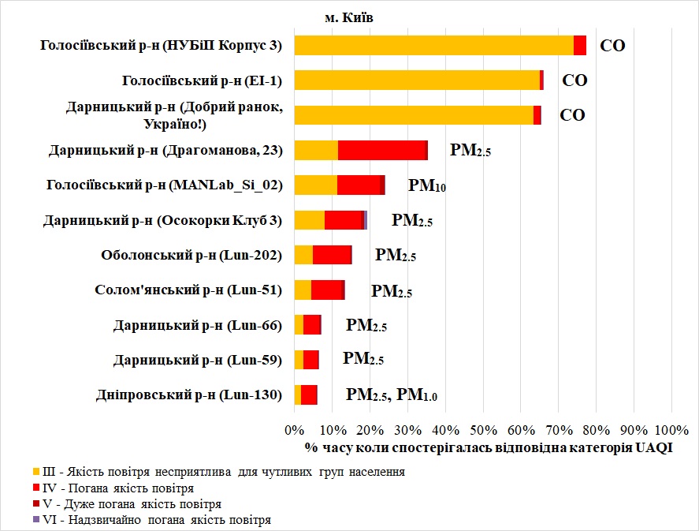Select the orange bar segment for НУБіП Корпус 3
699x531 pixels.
pyautogui.click(x=433, y=46)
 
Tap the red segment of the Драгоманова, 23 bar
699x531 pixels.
pyautogui.click(x=382, y=150)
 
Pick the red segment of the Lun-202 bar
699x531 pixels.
pyautogui.click(x=332, y=255)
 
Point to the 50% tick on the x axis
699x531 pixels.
pyautogui.click(x=482, y=430)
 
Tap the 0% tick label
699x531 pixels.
pyautogui.click(x=294, y=430)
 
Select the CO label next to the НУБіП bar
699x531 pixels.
pyautogui.click(x=612, y=46)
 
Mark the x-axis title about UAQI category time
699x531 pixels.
pyautogui.click(x=482, y=449)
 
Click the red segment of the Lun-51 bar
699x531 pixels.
pyautogui.click(x=327, y=290)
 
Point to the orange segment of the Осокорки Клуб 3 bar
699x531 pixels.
pyautogui.click(x=309, y=220)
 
